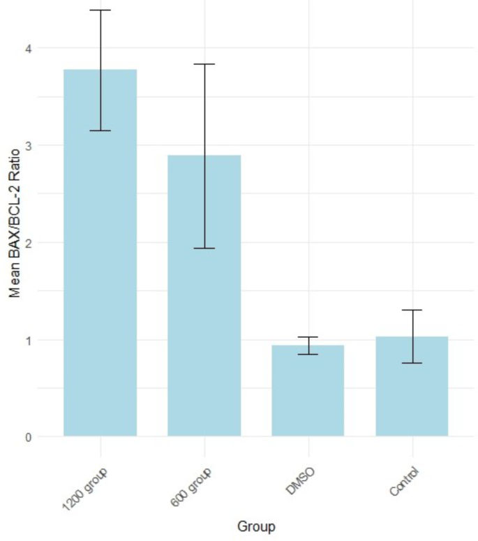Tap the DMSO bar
[x=308, y=391]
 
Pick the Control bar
[x=412, y=387]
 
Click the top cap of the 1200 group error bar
[x=100, y=10]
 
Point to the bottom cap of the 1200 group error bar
[x=100, y=131]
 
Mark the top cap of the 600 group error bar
[x=204, y=64]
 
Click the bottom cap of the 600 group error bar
[x=204, y=249]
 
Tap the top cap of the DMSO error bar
[x=308, y=337]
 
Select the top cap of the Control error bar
[x=412, y=310]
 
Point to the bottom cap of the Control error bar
[x=412, y=363]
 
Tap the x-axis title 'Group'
[x=255, y=526]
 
